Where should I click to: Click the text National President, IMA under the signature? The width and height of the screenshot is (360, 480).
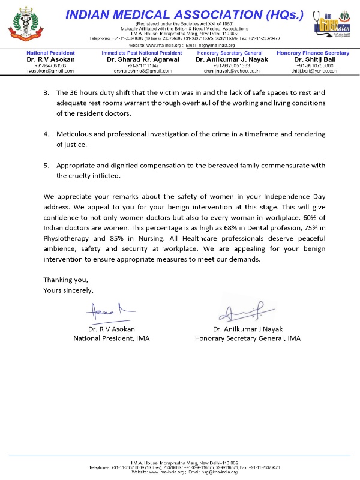(x=112, y=338)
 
